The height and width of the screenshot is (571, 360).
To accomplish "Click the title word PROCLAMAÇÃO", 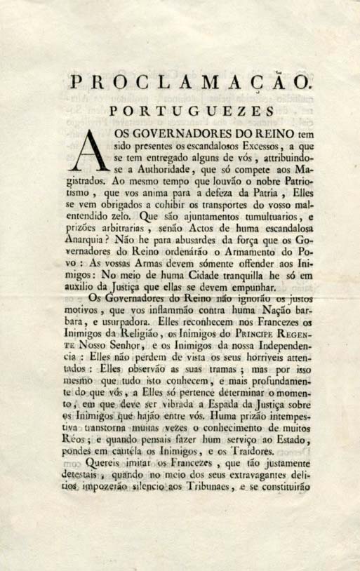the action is pos(190,83).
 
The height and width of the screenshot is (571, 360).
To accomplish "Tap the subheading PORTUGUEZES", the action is pos(190,110).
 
